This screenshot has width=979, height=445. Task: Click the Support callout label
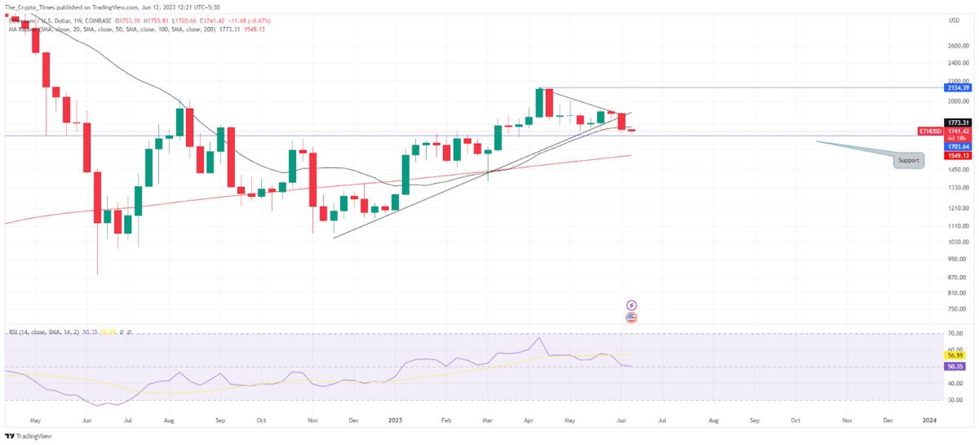(908, 161)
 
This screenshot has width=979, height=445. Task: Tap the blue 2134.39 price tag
(957, 87)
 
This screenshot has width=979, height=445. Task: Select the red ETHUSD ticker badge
(931, 131)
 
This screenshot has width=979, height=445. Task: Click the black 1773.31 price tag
(957, 122)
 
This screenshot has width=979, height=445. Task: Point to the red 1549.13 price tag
(957, 155)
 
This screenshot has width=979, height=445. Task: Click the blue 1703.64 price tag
(957, 147)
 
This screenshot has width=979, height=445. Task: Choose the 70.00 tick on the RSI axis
(956, 334)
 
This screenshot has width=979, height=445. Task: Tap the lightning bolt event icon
(631, 305)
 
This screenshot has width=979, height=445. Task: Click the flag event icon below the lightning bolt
(631, 317)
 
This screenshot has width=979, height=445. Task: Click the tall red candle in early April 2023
(549, 103)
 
